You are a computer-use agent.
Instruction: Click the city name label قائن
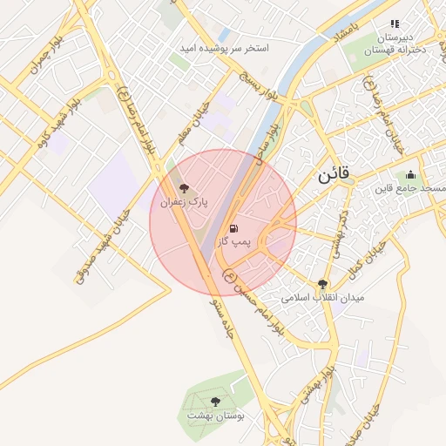coord(333,173)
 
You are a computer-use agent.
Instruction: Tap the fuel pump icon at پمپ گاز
coord(233,228)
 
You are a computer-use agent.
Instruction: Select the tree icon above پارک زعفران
coord(183,188)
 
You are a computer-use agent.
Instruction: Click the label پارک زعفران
coord(183,202)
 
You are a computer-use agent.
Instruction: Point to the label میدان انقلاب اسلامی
coord(323,298)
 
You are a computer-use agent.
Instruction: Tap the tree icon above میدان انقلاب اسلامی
coord(323,284)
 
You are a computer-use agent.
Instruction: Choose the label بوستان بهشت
coord(215,416)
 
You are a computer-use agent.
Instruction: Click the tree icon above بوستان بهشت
coord(215,402)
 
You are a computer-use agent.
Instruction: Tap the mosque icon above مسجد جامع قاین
coord(410,174)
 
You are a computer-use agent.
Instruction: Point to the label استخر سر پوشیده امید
coord(224,49)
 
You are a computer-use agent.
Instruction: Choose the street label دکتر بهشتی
coord(340,235)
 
